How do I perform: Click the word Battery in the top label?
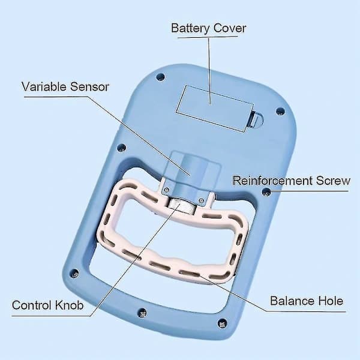pos(190,29)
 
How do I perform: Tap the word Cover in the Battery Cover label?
pos(230,28)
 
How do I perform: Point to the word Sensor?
pos(89,87)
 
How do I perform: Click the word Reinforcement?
pos(272,181)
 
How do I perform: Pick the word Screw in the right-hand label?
pos(333,181)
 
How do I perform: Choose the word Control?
pos(31,305)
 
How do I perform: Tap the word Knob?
pos(69,305)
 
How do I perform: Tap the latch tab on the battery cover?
pos(256,119)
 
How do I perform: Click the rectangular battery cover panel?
pos(215,109)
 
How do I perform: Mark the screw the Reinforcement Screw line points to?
pos(266,191)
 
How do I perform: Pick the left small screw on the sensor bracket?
pos(167,190)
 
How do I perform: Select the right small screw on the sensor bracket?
pos(202,201)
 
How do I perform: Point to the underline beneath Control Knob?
pos(51,316)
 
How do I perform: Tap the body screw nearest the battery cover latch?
pos(280,112)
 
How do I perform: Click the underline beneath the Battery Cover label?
pos(208,37)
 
